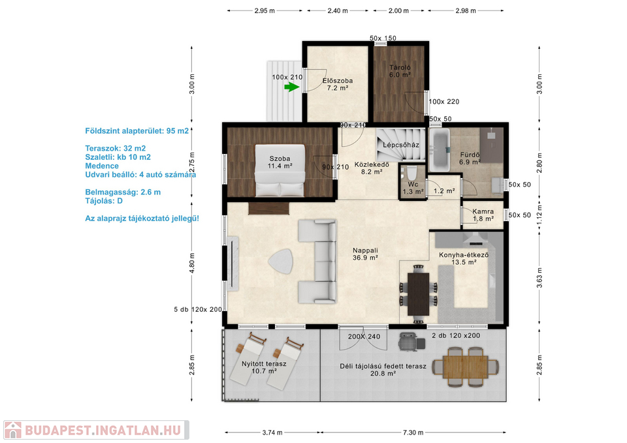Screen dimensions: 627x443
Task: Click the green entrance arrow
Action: point(292,87)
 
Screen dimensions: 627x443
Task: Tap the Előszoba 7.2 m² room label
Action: point(338,84)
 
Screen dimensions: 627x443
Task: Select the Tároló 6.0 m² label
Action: point(400,71)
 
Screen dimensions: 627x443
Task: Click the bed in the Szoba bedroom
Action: point(280,170)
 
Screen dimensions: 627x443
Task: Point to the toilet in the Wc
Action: point(411,174)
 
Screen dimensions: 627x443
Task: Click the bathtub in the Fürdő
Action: point(440,151)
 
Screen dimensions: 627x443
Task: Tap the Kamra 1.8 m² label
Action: point(483,215)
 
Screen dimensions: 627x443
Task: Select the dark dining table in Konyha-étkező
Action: point(418,294)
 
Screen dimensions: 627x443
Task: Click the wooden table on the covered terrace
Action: point(466,367)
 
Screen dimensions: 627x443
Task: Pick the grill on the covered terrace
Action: point(411,341)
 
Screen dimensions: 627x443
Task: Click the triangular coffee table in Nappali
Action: point(281,261)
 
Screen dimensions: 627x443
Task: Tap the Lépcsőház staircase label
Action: point(400,145)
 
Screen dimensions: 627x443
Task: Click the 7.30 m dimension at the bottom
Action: point(413,432)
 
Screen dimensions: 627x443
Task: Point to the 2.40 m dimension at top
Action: point(338,11)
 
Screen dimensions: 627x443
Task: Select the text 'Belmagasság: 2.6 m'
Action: point(123,192)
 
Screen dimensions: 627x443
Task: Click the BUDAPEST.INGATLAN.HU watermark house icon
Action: point(13,430)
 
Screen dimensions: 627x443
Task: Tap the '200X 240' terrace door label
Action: point(364,337)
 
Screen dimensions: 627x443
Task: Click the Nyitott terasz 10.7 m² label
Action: point(264,367)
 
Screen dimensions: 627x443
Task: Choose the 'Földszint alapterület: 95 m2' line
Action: point(137,130)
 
